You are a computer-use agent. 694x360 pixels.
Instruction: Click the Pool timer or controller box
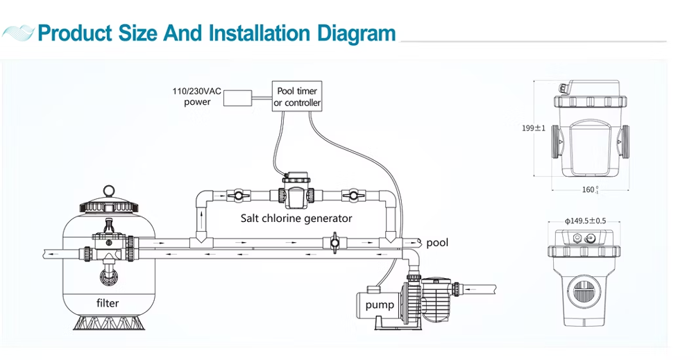point(297,96)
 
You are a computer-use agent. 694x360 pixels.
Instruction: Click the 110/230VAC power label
point(197,97)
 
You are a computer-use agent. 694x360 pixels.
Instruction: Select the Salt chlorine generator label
point(296,218)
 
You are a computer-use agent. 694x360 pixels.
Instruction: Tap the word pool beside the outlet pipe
point(437,242)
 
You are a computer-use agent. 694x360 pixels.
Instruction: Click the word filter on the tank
point(108,302)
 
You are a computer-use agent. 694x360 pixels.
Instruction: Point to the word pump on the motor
point(380,305)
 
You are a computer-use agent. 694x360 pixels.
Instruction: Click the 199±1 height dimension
point(534,128)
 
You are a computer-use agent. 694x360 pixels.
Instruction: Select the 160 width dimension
point(589,189)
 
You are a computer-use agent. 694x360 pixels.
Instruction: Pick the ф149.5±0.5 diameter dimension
point(586,221)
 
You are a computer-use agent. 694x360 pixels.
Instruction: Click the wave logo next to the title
point(19,33)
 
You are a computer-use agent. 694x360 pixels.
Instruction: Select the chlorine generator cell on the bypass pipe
point(296,192)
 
